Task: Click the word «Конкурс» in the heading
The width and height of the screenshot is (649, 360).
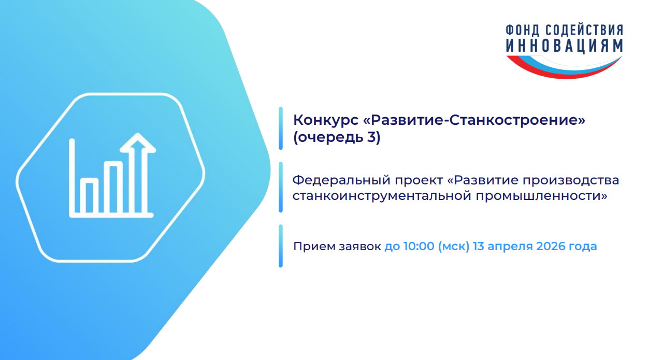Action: pos(326,120)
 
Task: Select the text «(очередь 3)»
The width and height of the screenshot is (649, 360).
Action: pos(337,137)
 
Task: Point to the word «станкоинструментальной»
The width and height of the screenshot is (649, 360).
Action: pos(382,196)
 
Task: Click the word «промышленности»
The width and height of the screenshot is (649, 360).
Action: pos(541,196)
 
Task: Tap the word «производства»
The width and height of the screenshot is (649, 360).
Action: pos(571,181)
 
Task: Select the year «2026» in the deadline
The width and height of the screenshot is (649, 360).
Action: pos(551,247)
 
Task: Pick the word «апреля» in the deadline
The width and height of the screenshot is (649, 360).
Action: pos(510,247)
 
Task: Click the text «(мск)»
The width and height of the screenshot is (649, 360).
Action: pos(454,247)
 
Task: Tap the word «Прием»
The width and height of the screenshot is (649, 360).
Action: pos(314,247)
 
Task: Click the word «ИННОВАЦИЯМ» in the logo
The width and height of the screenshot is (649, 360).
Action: pos(565,46)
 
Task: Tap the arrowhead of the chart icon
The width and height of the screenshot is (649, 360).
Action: pos(138,142)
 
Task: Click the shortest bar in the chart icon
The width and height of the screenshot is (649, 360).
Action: pos(89,196)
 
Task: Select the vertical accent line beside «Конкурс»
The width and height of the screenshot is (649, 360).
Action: pos(280,128)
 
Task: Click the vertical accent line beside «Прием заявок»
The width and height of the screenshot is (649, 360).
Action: pos(280,246)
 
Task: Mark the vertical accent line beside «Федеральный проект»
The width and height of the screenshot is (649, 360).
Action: pos(280,187)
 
